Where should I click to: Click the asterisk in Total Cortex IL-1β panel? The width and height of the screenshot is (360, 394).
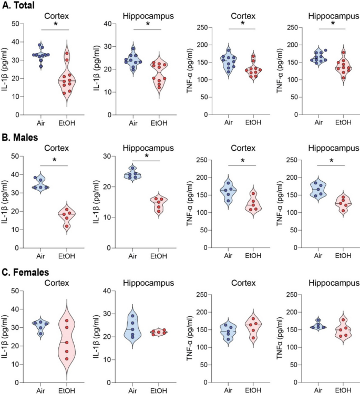click(x=56, y=25)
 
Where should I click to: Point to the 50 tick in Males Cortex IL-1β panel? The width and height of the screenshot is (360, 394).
click(x=19, y=157)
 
